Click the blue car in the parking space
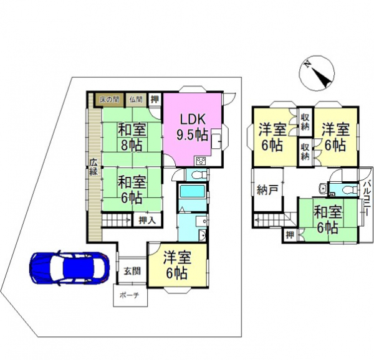[69, 268]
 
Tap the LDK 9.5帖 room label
[193, 128]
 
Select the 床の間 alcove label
[109, 100]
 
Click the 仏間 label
[136, 100]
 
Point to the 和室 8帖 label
[132, 137]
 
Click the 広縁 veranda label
[93, 167]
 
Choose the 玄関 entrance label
[132, 271]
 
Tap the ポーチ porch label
[129, 295]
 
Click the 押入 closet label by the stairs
[147, 220]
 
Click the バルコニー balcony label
[367, 198]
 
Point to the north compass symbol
[317, 73]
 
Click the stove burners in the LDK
[202, 161]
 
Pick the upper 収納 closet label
[305, 122]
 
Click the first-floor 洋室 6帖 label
[176, 265]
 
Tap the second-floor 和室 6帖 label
[327, 220]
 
